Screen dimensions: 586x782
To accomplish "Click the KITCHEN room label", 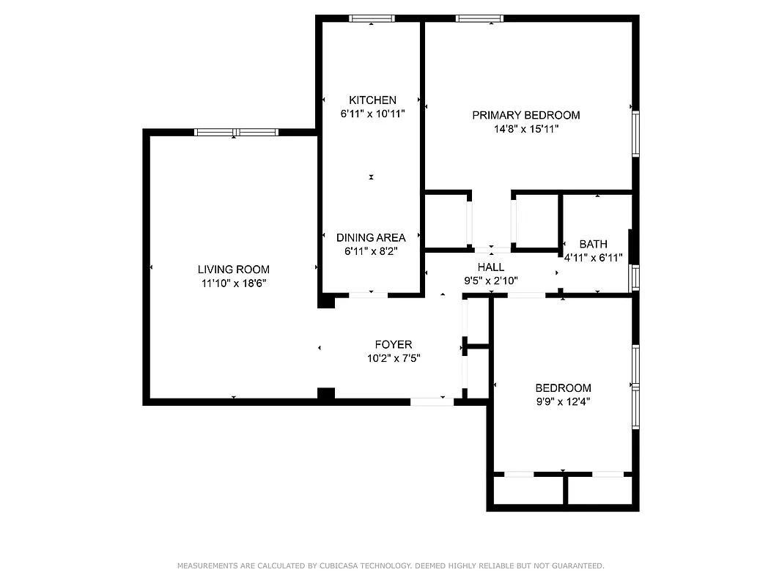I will click(372, 100).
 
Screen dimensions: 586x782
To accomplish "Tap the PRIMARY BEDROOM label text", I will click(525, 115).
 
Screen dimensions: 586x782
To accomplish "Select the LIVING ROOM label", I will click(233, 270).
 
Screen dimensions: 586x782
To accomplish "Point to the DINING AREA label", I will click(371, 237).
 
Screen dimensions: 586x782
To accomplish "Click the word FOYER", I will click(393, 344).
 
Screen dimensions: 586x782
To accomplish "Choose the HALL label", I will click(490, 267).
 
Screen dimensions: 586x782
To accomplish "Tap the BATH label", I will click(593, 244).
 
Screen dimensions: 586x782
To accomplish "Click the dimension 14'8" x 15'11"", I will click(525, 129).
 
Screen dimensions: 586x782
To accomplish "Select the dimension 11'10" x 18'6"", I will click(233, 283).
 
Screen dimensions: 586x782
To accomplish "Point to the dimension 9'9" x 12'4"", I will click(563, 401).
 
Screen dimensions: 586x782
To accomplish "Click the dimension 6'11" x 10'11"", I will click(372, 114).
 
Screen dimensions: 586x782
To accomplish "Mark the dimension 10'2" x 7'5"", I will click(393, 358).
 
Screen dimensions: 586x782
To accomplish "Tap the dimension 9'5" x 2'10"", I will click(490, 280).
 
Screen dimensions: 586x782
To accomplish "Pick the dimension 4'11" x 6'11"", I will click(593, 257).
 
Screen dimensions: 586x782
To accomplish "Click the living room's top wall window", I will click(236, 133).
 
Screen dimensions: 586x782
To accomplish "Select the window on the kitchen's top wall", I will click(372, 18).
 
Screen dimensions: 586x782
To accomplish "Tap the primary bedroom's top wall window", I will click(479, 18).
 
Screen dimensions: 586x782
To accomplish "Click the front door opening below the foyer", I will click(432, 401).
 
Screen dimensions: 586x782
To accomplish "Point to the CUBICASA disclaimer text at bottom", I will click(391, 565).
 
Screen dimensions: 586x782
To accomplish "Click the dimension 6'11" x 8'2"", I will click(371, 251).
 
